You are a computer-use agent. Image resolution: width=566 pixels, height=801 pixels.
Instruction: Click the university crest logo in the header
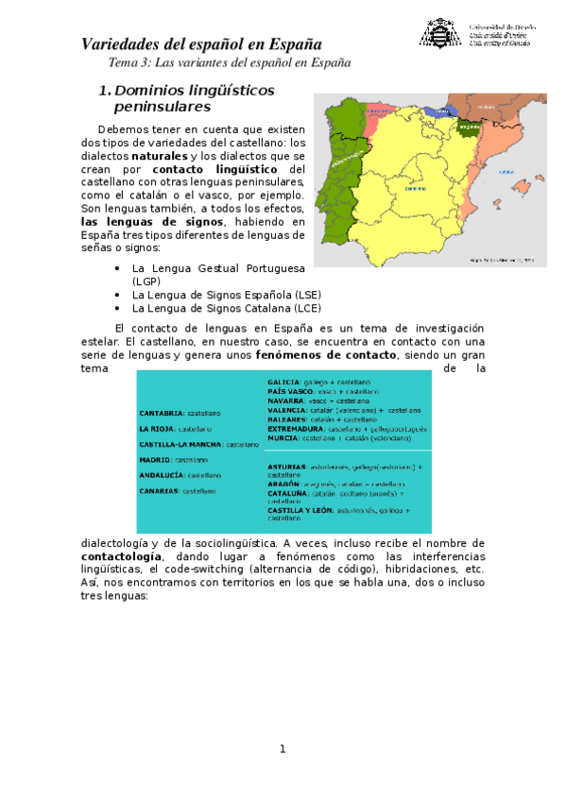click(x=439, y=34)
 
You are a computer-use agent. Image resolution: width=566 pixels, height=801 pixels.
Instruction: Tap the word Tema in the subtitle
click(x=125, y=63)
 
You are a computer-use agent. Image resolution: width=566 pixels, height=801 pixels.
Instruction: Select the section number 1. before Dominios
click(x=105, y=91)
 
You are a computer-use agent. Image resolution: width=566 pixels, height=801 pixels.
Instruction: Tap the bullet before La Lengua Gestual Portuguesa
click(x=116, y=268)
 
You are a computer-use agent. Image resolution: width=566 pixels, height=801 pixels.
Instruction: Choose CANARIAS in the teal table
click(x=161, y=491)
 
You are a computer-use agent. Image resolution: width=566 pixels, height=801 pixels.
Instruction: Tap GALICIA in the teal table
click(x=283, y=383)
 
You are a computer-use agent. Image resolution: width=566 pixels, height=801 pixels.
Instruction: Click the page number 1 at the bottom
click(x=282, y=749)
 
